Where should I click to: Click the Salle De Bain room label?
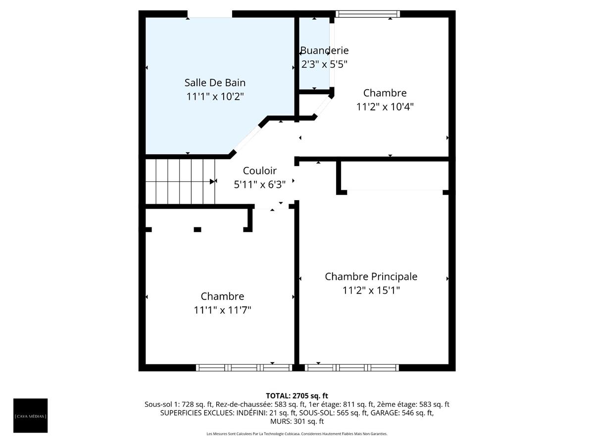[215, 83]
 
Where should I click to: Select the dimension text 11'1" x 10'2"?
[215, 97]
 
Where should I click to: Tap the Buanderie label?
[324, 51]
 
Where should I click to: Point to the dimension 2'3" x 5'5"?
[324, 64]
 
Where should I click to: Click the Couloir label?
[259, 171]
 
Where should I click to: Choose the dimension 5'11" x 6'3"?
[259, 184]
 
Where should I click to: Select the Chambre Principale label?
[371, 277]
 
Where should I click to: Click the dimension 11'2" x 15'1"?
[371, 290]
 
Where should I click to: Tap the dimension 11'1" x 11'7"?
[222, 310]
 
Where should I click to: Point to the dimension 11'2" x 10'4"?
[385, 107]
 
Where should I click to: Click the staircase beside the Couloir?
[180, 181]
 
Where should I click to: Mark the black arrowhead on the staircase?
[213, 181]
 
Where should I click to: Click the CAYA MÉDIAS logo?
[31, 415]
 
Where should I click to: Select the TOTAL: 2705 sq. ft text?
[297, 395]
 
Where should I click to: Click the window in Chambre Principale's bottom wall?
[352, 367]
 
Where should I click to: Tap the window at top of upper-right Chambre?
[367, 14]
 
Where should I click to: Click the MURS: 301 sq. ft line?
[297, 421]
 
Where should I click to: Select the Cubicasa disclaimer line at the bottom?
[297, 434]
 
